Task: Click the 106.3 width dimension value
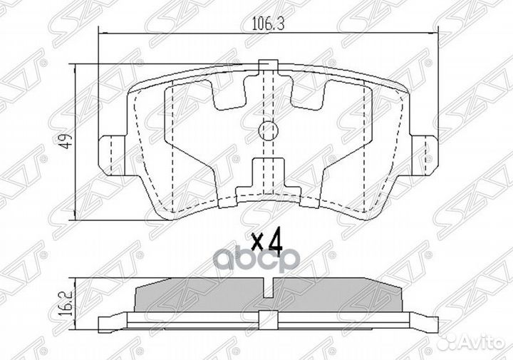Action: click(264, 24)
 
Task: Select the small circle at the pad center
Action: click(267, 130)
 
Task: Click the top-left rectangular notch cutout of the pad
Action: click(229, 92)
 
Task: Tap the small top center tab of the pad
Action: click(267, 66)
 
